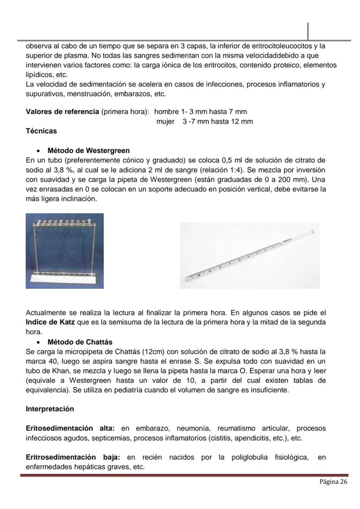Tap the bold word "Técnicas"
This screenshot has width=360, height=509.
click(41, 131)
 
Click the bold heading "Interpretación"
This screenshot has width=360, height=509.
click(50, 409)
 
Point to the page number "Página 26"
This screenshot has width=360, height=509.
click(333, 482)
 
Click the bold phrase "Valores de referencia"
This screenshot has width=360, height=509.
click(62, 112)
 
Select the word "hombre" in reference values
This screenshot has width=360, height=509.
click(167, 112)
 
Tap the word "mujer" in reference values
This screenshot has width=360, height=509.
click(165, 121)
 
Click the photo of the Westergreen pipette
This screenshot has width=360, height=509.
click(250, 255)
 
